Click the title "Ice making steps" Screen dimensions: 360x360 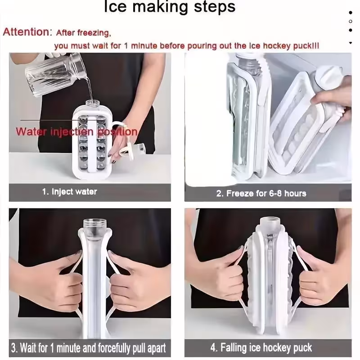point(170,7)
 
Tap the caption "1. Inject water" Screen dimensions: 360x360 point(70,192)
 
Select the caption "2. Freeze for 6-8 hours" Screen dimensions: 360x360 point(261,193)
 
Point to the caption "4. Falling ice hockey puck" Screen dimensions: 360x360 point(261,347)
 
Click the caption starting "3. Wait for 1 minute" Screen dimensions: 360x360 point(89,348)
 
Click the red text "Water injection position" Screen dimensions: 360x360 point(76,132)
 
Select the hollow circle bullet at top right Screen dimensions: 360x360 point(351,21)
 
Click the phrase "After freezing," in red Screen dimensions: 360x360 point(84,33)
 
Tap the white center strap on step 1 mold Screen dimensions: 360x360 point(93,144)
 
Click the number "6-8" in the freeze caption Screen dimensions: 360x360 point(275,193)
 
